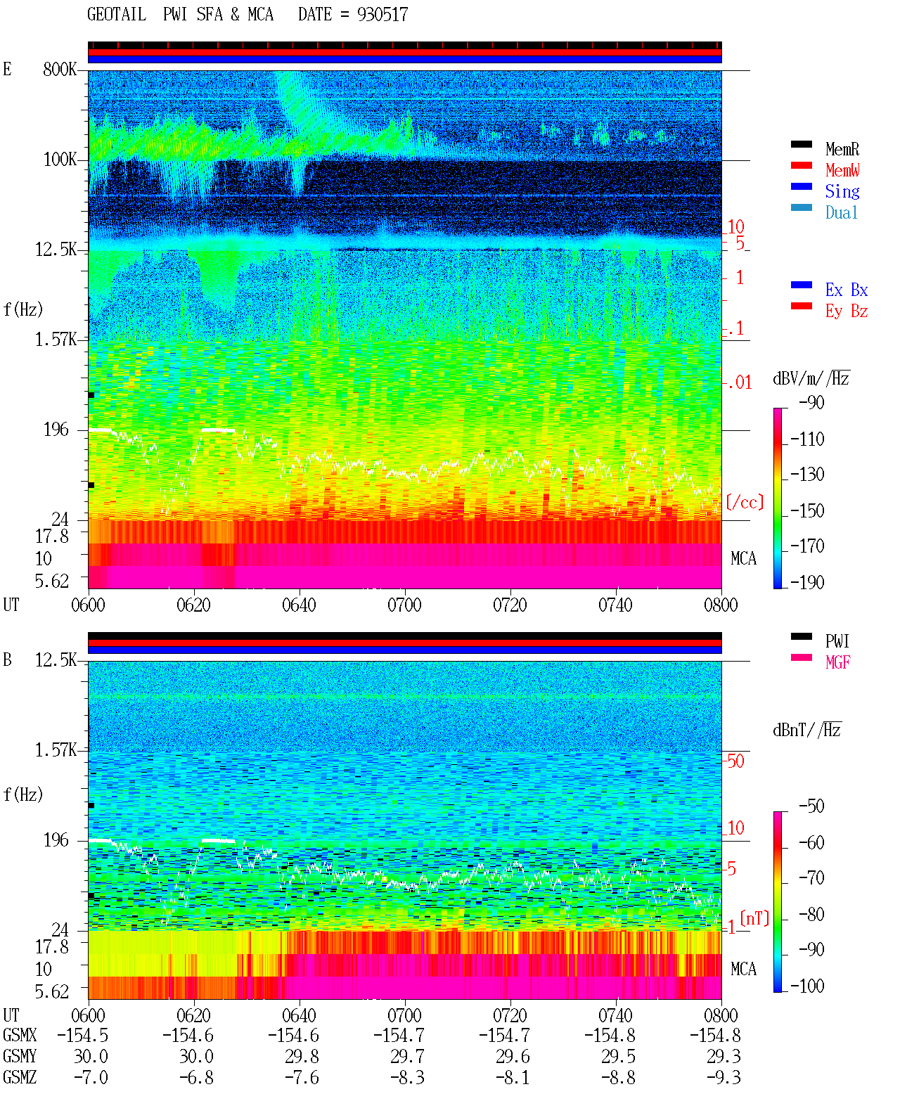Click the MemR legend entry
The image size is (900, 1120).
click(x=842, y=149)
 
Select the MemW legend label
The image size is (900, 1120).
click(x=842, y=170)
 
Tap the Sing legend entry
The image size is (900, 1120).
click(x=842, y=191)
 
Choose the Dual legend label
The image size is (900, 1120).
click(x=841, y=212)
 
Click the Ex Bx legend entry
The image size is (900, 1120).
click(x=846, y=290)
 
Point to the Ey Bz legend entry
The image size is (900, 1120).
click(x=846, y=311)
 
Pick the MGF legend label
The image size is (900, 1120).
click(x=837, y=662)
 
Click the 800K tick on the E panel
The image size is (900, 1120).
click(x=60, y=69)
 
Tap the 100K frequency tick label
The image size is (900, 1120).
click(x=60, y=160)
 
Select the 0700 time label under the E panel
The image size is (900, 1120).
click(x=404, y=605)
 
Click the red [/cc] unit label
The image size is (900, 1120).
click(x=745, y=502)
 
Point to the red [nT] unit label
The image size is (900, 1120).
click(x=754, y=918)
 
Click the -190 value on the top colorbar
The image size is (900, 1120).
click(x=807, y=582)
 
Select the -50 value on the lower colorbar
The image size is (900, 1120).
click(x=811, y=806)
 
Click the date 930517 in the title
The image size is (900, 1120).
click(x=382, y=15)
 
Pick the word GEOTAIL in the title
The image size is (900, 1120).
click(x=117, y=15)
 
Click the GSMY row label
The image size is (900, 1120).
click(x=20, y=1056)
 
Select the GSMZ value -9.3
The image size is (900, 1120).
click(x=723, y=1077)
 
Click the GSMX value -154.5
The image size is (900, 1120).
click(x=83, y=1035)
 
